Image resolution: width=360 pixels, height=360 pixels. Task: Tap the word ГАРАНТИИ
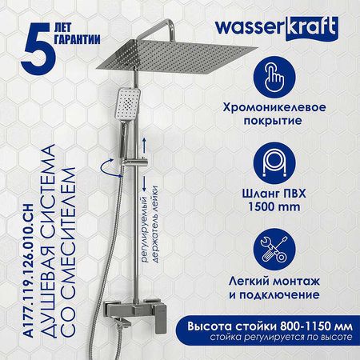[78, 39]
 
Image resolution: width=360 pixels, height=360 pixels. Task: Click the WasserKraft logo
[277, 29]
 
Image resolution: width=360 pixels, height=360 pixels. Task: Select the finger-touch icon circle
[274, 77]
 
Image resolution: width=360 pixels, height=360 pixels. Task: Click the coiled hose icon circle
[274, 163]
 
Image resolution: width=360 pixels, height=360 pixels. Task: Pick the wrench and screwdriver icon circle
[274, 250]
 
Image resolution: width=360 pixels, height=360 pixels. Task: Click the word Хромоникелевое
[274, 107]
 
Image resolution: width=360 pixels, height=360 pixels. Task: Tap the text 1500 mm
[274, 206]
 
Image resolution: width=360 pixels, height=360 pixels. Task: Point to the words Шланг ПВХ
[274, 194]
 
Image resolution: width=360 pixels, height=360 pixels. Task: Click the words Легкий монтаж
[274, 282]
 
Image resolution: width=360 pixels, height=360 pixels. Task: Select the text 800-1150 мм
[316, 326]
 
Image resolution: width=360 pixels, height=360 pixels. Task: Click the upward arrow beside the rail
[144, 146]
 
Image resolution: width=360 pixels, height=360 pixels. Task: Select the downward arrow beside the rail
[144, 183]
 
